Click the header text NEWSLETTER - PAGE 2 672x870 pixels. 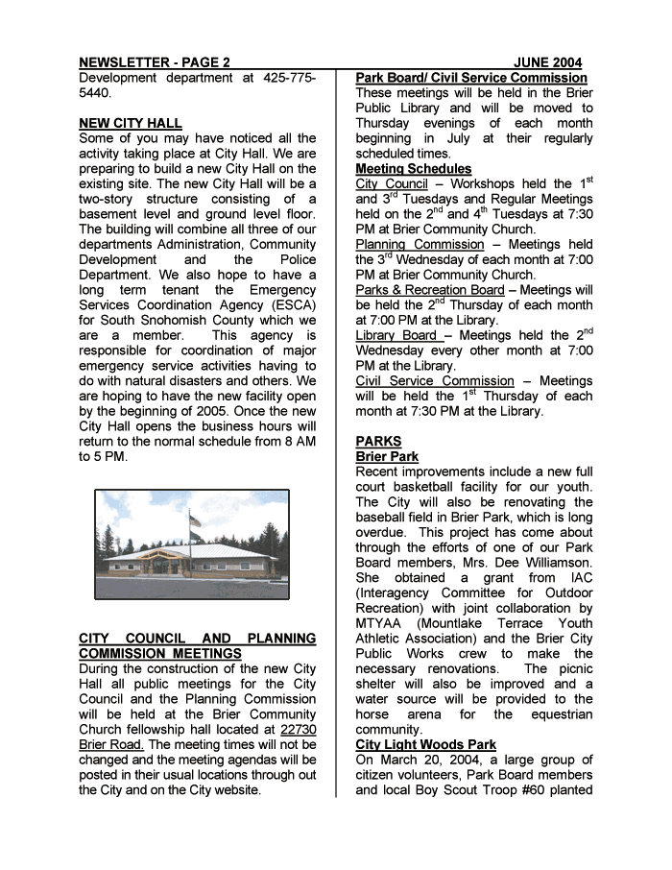pos(155,62)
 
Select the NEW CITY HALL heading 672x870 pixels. pos(131,123)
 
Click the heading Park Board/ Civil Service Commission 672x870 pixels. pos(471,78)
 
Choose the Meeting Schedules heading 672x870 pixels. pos(414,169)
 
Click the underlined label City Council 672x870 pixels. pos(392,184)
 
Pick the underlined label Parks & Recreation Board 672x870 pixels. pos(429,290)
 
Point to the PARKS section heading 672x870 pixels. pos(378,442)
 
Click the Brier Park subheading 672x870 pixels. pos(387,457)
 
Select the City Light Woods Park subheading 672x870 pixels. pos(425,745)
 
